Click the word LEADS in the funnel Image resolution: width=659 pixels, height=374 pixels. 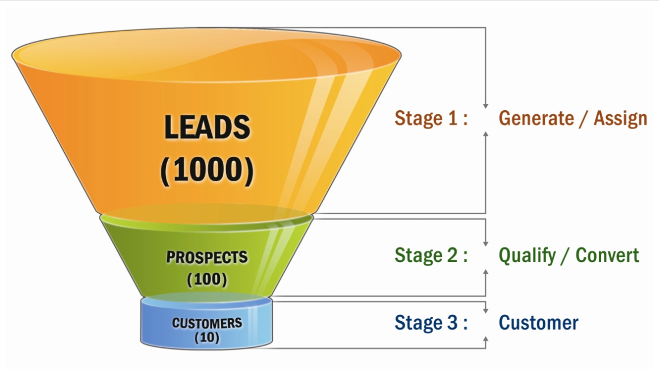pyautogui.click(x=207, y=127)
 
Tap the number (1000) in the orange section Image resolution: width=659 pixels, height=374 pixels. pyautogui.click(x=207, y=170)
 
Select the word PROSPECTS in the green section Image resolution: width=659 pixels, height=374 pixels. pyautogui.click(x=207, y=257)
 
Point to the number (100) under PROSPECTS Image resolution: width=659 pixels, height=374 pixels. pyautogui.click(x=207, y=280)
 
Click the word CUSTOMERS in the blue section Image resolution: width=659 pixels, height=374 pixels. pyautogui.click(x=207, y=323)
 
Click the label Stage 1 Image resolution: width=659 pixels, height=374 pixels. pyautogui.click(x=431, y=118)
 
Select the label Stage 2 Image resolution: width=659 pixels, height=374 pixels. pyautogui.click(x=431, y=255)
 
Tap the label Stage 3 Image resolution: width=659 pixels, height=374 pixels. pyautogui.click(x=431, y=323)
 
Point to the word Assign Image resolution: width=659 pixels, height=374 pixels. pyautogui.click(x=620, y=118)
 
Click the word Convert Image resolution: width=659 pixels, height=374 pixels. pyautogui.click(x=607, y=255)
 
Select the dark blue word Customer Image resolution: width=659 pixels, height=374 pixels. pyautogui.click(x=538, y=323)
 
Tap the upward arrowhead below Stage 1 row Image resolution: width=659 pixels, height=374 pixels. pyautogui.click(x=486, y=133)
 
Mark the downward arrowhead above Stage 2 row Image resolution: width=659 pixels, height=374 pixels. pyautogui.click(x=486, y=242)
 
